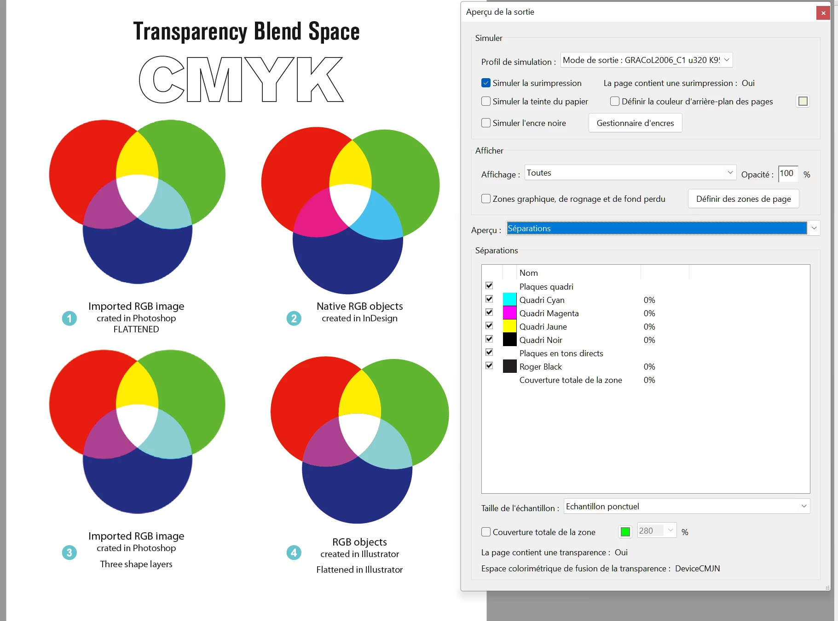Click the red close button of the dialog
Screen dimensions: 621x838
tap(823, 13)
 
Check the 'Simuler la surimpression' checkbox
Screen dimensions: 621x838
tap(486, 83)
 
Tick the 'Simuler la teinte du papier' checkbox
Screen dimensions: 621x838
tap(486, 101)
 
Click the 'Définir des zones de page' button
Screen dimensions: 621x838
tap(743, 199)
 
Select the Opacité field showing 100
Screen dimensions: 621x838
tap(787, 174)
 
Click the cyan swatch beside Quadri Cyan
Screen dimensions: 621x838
tap(509, 300)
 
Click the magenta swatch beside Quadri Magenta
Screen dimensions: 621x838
tap(509, 313)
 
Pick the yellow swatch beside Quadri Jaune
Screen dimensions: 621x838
tap(509, 326)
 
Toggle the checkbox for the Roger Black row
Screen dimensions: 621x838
tap(489, 366)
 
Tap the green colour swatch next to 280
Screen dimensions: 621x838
tap(625, 532)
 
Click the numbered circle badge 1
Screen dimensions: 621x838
tap(69, 318)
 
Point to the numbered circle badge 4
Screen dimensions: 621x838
tap(294, 553)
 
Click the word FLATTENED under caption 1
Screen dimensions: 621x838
tap(136, 329)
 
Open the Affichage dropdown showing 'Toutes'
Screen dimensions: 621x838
tap(630, 173)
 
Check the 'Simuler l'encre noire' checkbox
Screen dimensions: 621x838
tap(486, 123)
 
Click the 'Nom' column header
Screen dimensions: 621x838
tap(529, 273)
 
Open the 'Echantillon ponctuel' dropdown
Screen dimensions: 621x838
tap(686, 506)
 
